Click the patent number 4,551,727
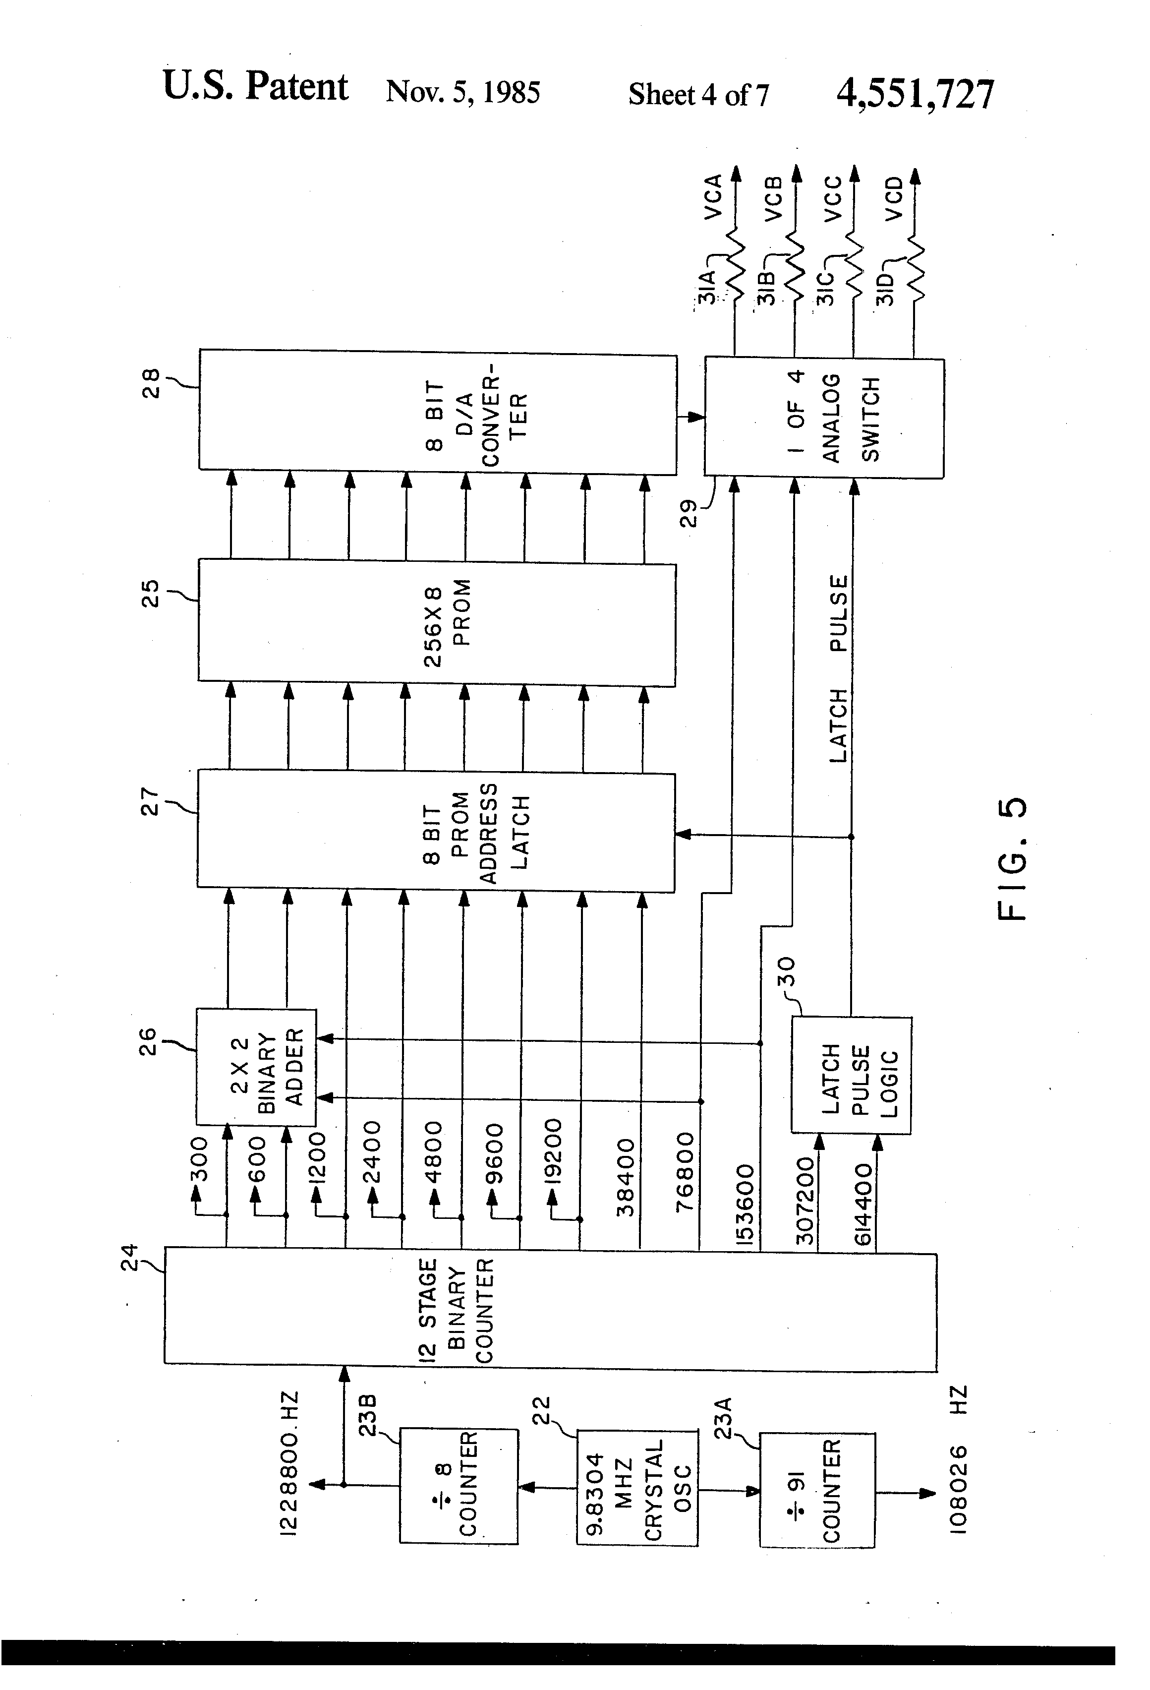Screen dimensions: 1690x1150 coord(915,94)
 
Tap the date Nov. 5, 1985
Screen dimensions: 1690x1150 coord(462,92)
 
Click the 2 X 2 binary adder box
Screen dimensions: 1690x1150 coord(256,1066)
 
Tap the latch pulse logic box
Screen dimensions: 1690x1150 coord(851,1075)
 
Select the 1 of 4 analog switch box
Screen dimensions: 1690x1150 coord(824,418)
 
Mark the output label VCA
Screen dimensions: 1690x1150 coord(712,196)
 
